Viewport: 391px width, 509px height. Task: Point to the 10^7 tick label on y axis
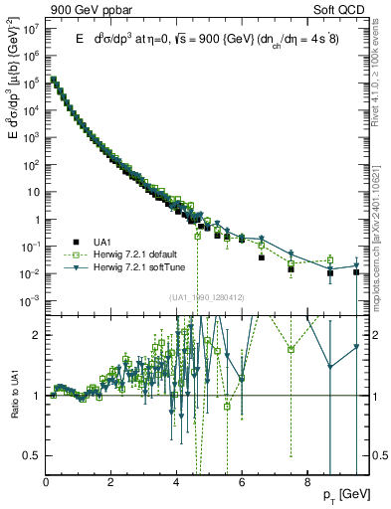click(x=31, y=29)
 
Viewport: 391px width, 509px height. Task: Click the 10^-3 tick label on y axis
click(x=31, y=300)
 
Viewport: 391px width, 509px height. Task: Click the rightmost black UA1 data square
click(x=356, y=271)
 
